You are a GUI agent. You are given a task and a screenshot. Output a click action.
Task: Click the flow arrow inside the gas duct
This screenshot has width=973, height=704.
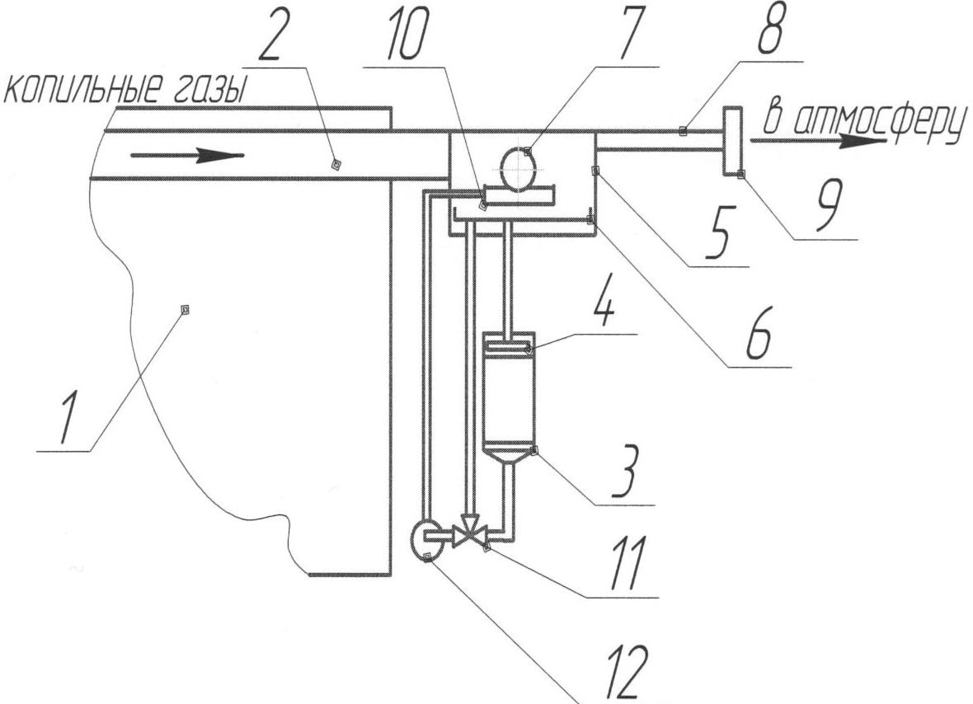coord(189,155)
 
